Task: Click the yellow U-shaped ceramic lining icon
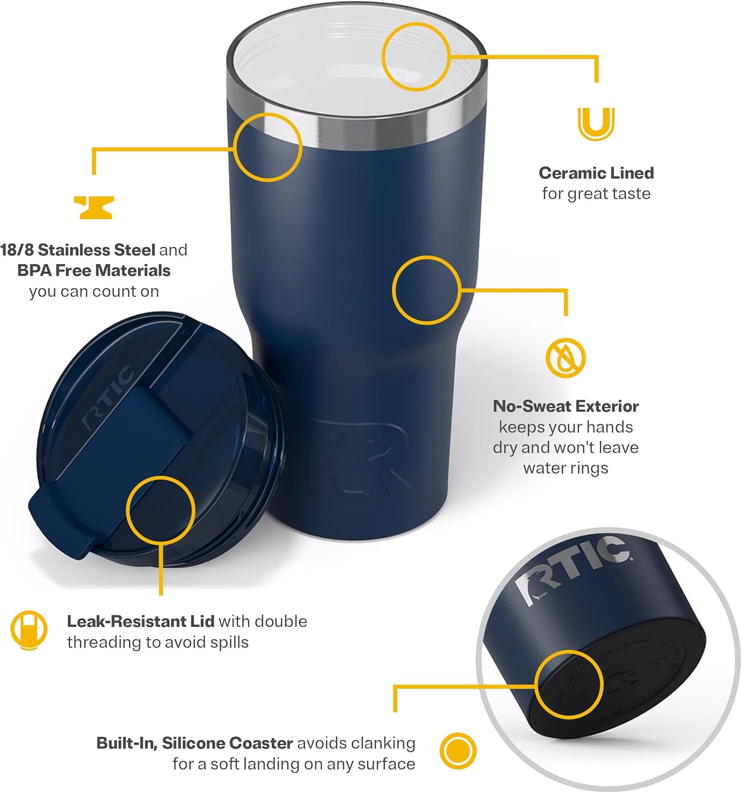pos(596,124)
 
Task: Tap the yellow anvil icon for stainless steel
pos(94,207)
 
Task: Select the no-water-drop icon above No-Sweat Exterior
pos(565,357)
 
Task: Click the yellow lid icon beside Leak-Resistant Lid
pos(29,630)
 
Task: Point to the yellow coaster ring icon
pos(458,750)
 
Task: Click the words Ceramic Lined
pos(596,173)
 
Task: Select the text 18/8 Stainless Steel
pos(78,250)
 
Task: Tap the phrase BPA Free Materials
pos(94,270)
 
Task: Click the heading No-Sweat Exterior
pos(565,406)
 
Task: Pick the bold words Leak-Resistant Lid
pos(140,621)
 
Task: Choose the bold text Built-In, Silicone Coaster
pos(195,743)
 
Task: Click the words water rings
pos(565,468)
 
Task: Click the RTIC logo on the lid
pos(108,396)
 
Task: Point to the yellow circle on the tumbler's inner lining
pos(416,56)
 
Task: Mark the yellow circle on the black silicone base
pos(569,684)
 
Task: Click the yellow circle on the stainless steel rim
pos(268,146)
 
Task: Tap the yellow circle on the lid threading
pos(160,509)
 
